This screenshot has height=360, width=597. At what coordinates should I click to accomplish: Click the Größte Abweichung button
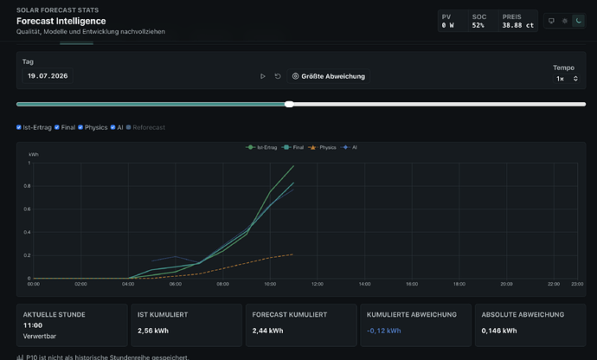(x=328, y=76)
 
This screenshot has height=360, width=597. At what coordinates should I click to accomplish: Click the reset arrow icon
(x=278, y=76)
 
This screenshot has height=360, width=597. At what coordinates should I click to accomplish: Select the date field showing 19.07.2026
(x=48, y=76)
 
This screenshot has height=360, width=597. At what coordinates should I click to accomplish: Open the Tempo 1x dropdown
(x=566, y=79)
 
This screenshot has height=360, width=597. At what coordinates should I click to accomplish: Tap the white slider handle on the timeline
(x=289, y=104)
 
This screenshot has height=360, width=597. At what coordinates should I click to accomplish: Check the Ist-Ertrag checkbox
(x=19, y=127)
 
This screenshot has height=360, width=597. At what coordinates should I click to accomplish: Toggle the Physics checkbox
(x=80, y=127)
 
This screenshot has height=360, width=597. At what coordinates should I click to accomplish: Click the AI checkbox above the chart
(x=112, y=127)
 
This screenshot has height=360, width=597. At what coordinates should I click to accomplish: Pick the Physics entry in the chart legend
(x=322, y=147)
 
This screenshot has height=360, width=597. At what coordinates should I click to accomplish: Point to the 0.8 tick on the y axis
(x=27, y=186)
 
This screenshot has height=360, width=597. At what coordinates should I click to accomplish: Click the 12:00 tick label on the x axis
(x=318, y=284)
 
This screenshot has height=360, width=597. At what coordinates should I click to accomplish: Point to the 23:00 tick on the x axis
(x=577, y=284)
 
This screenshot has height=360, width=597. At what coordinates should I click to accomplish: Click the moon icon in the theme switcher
(x=578, y=21)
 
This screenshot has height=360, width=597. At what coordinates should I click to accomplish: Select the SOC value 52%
(x=478, y=25)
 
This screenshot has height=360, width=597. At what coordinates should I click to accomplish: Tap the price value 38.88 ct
(x=517, y=25)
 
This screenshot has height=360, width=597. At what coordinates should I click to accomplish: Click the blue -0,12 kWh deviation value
(x=384, y=331)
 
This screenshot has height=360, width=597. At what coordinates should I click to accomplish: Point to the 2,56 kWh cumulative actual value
(x=153, y=331)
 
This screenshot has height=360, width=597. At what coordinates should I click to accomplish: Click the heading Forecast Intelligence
(x=61, y=21)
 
